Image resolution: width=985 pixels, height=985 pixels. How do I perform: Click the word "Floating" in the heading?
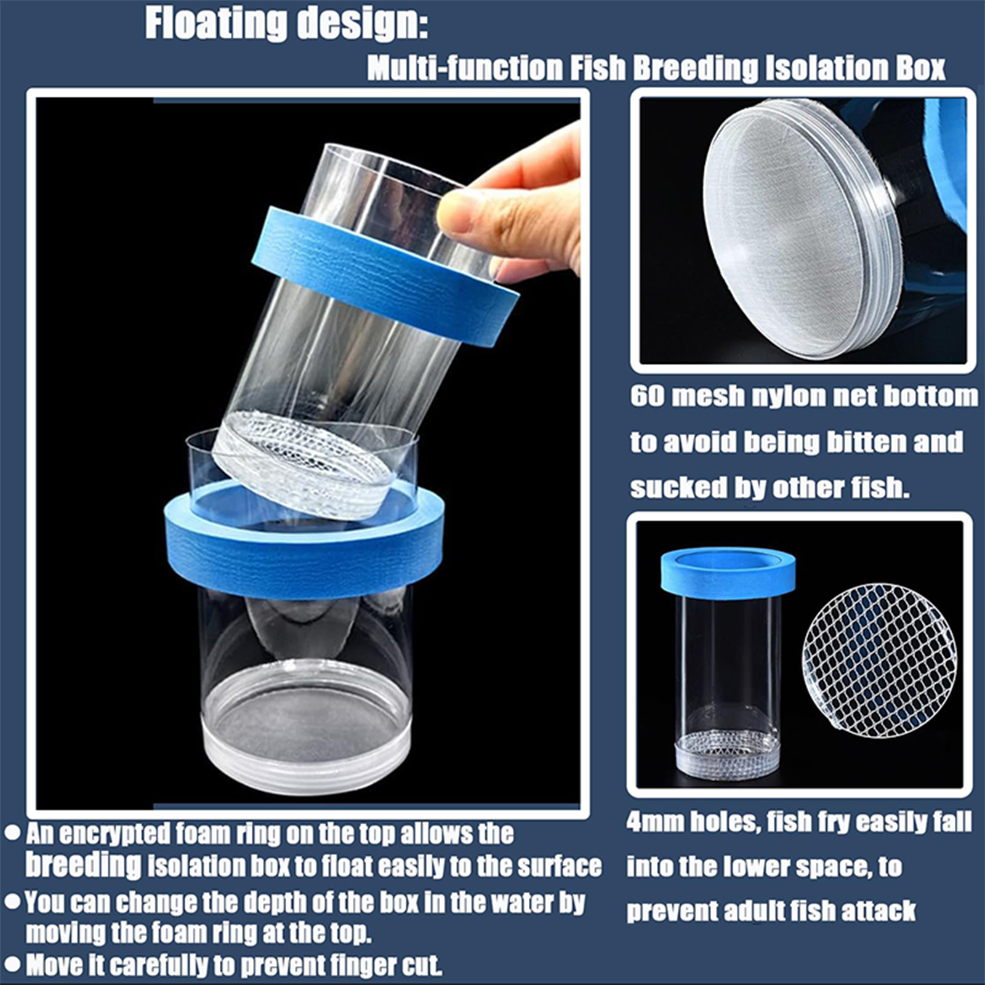point(216,25)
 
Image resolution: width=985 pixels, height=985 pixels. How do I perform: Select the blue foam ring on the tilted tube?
point(385,276)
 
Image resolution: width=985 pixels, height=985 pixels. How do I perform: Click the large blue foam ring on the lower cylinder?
point(304,554)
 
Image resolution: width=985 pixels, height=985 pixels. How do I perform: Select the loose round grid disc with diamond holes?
point(879,661)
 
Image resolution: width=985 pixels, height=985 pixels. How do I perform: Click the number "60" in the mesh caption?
point(646,396)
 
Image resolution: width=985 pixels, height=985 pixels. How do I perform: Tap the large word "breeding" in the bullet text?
point(83,865)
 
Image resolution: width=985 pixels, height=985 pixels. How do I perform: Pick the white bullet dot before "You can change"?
point(12,902)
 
